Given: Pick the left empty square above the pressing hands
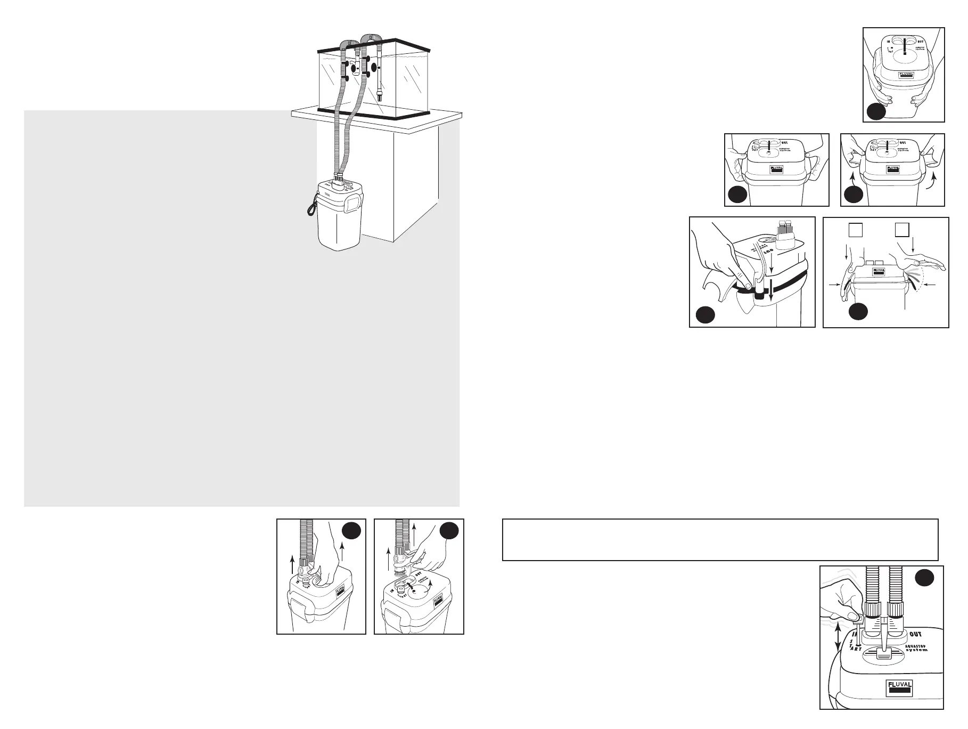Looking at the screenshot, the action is (x=855, y=230).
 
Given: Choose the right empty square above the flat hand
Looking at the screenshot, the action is (x=901, y=230).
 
